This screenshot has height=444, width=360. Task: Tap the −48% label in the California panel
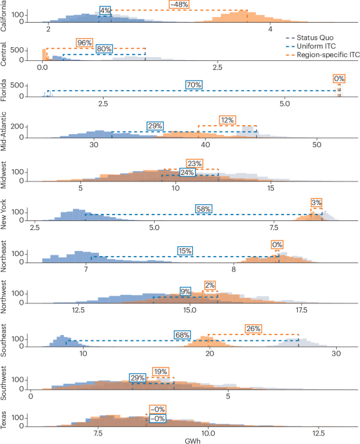[179, 5]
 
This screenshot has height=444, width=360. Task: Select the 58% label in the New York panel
[204, 209]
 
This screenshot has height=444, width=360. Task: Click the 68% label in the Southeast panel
[182, 334]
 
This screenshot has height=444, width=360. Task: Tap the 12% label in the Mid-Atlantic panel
[227, 120]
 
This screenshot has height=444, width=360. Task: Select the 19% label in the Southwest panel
[160, 371]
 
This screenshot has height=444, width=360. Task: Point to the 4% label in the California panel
[105, 11]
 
